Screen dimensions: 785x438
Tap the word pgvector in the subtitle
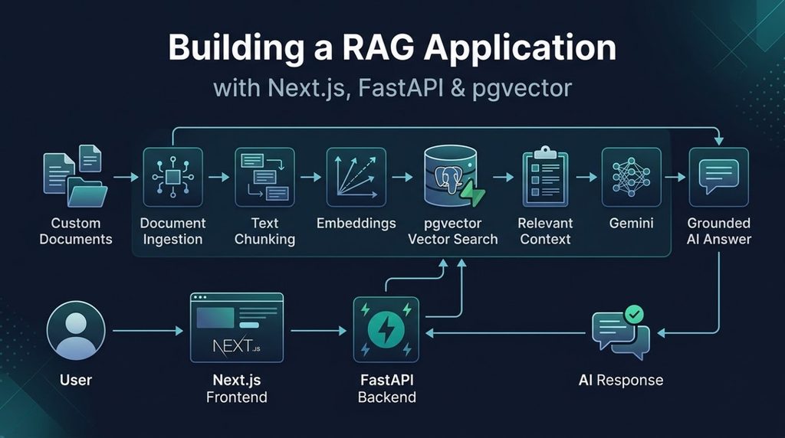coord(521,89)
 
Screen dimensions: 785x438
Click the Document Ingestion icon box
coord(172,177)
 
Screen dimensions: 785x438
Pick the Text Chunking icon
coord(264,177)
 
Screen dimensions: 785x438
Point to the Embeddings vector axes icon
coord(356,177)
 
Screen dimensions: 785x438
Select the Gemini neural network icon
coord(632,177)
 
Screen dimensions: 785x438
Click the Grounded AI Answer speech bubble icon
coord(719,177)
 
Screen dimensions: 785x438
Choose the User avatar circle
coord(76,330)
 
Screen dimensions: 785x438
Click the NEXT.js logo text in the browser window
coord(236,345)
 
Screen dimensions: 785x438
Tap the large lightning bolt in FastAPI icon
coord(386,329)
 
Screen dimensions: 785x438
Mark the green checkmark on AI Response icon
coord(634,315)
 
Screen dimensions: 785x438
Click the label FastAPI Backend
coord(386,388)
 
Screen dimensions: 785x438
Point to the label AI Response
coord(621,380)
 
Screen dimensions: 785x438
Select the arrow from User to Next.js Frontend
coord(148,331)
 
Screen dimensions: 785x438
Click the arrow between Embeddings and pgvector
coord(402,177)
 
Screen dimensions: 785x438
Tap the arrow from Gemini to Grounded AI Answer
coord(675,177)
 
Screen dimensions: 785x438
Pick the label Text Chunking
coord(264,231)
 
